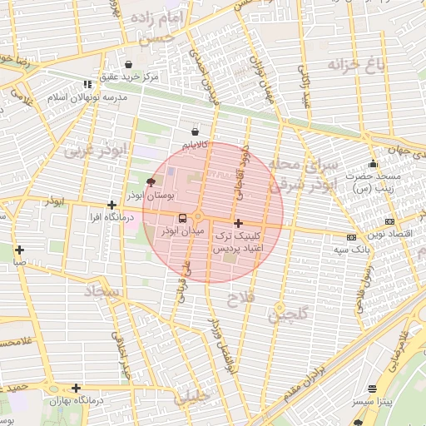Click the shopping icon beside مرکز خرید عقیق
pos(128,65)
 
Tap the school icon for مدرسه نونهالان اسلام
pos(87,84)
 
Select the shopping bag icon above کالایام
pos(195,131)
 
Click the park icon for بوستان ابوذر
pos(151,181)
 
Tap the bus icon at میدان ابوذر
pos(182,218)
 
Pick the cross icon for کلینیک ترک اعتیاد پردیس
pos(239,223)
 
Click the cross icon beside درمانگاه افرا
pos(111,205)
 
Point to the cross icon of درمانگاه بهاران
pos(76,388)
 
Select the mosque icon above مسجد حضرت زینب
pos(373,164)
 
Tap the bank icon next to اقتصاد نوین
pos(389,221)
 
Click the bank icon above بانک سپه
pos(351,237)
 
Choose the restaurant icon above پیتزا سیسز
pos(371,389)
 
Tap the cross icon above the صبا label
pos(18,250)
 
